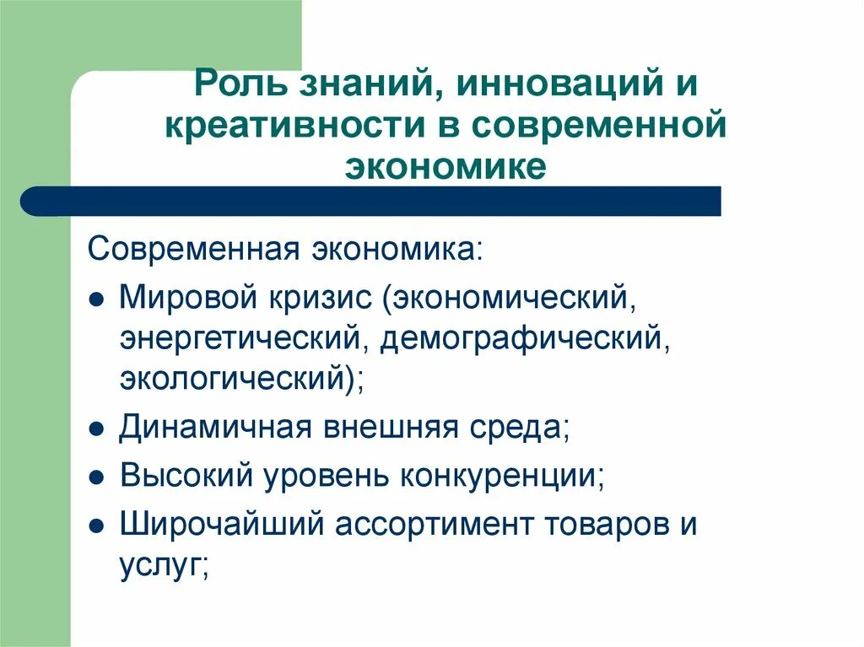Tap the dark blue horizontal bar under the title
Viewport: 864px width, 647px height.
click(x=371, y=202)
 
